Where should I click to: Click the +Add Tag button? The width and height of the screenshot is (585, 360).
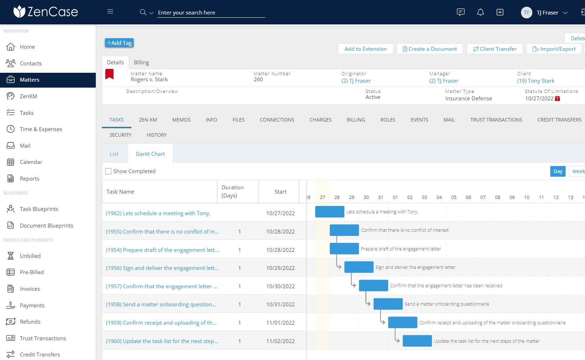(x=119, y=43)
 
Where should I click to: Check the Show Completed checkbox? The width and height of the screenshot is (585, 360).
(x=109, y=171)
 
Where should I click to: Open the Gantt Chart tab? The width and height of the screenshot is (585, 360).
(x=150, y=154)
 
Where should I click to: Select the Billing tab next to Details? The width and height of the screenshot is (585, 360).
(x=141, y=63)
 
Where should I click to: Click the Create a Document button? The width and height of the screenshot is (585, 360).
(x=430, y=49)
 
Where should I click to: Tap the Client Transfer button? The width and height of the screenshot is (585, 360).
(x=495, y=49)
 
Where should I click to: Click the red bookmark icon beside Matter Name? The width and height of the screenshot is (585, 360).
(x=110, y=74)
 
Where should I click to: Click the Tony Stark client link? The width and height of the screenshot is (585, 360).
(x=536, y=81)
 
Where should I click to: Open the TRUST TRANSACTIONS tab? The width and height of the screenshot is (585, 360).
(x=496, y=120)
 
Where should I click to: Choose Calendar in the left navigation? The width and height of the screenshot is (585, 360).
(x=31, y=162)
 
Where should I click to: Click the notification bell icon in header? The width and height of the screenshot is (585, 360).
(x=480, y=12)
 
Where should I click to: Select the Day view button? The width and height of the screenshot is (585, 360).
(x=557, y=171)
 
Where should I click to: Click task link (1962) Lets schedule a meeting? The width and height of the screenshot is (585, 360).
(x=158, y=213)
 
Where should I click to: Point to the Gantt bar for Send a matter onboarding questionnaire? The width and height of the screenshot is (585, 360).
(x=388, y=304)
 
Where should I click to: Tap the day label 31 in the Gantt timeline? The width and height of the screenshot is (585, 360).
(x=381, y=197)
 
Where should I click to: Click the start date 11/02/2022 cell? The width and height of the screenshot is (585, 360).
(x=280, y=341)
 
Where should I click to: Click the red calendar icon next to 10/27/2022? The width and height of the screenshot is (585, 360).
(x=557, y=99)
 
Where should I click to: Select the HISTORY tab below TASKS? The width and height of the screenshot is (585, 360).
(x=157, y=135)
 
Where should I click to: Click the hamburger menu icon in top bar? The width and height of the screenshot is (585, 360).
(x=110, y=12)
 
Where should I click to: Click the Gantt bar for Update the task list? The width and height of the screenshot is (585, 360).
(x=417, y=341)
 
